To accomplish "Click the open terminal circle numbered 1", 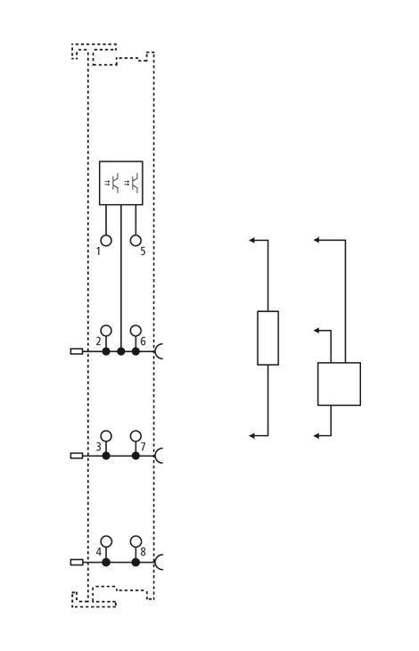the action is [x=106, y=241].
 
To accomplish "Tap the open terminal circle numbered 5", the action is [x=136, y=241].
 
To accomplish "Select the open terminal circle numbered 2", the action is [x=106, y=331].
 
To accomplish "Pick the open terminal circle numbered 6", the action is [x=136, y=331].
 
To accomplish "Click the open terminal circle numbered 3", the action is [x=106, y=436].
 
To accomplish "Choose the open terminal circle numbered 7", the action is [x=136, y=436].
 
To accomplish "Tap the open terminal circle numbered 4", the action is [x=106, y=541].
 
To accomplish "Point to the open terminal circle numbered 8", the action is [x=136, y=541].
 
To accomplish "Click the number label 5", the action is [x=143, y=251].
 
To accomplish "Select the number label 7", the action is [x=143, y=447].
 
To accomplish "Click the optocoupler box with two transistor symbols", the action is [x=120, y=183].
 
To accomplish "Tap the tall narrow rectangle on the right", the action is [x=267, y=338].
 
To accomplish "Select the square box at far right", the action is [x=339, y=384].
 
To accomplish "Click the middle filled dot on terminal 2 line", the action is [x=120, y=351].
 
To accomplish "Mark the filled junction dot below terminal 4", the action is [x=106, y=563].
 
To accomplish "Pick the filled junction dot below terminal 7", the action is [x=136, y=456].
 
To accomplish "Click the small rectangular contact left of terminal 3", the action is [x=77, y=456].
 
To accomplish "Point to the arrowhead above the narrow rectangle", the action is [x=251, y=240].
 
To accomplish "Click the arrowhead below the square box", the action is [x=317, y=436].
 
